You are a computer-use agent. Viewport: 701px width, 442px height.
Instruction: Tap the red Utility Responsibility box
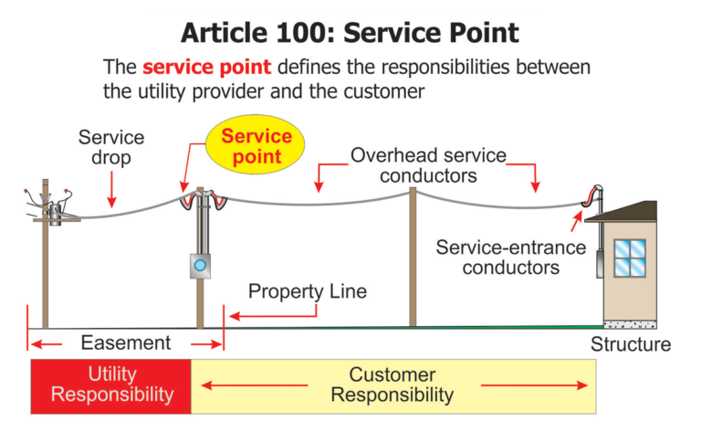coord(111,384)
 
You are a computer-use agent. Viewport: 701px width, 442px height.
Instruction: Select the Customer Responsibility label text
coord(392,384)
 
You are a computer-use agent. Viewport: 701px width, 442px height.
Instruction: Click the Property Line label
coord(308,292)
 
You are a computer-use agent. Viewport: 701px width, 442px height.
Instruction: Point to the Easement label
coord(125,343)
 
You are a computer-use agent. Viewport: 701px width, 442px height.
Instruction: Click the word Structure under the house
coord(630,344)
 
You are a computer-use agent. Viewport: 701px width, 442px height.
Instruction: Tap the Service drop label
coord(110,147)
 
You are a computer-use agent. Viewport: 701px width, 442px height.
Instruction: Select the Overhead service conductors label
coord(428,165)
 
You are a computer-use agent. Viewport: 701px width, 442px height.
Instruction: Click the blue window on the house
coord(630,258)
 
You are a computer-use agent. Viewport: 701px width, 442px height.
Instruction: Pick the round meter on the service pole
coord(200,266)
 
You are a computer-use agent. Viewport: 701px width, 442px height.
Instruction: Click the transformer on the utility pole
coord(56,213)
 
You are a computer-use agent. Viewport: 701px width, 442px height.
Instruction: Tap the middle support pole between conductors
coord(413,256)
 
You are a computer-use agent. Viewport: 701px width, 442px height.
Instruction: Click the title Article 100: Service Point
coord(350,33)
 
